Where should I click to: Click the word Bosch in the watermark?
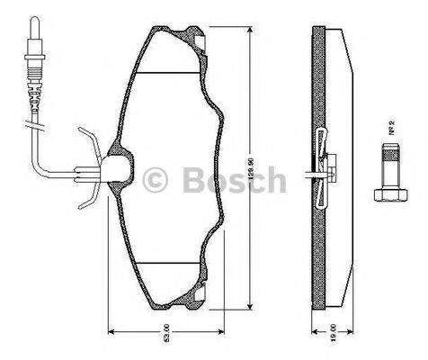click(x=233, y=182)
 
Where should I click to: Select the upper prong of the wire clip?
click(x=86, y=144)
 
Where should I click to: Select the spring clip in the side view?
click(x=323, y=163)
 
